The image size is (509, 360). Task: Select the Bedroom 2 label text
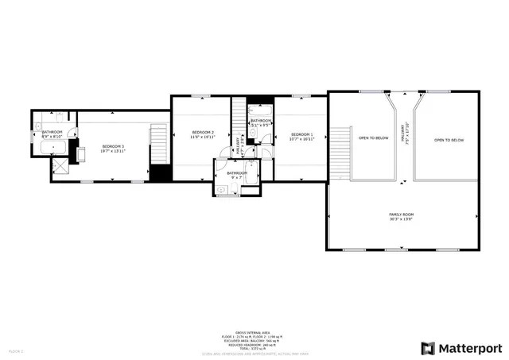202,131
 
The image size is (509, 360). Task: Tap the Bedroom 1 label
301,134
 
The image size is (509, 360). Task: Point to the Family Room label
401,215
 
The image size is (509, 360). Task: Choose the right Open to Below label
449,140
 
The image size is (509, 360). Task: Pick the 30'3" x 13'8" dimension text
401,219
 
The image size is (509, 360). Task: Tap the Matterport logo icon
428,348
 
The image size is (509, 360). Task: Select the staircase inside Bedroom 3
160,144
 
